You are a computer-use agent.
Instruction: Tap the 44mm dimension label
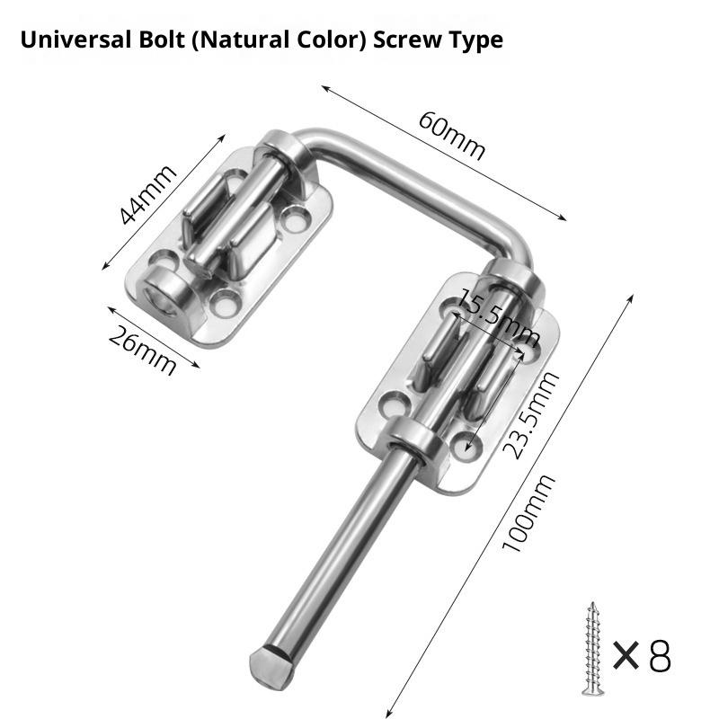[x=148, y=195]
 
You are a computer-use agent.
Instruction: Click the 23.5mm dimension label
[x=529, y=414]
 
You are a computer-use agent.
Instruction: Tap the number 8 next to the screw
[x=659, y=657]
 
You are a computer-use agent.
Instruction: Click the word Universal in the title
[x=67, y=40]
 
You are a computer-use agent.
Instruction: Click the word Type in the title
[x=476, y=40]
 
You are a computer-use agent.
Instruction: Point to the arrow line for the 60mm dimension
[x=444, y=153]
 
